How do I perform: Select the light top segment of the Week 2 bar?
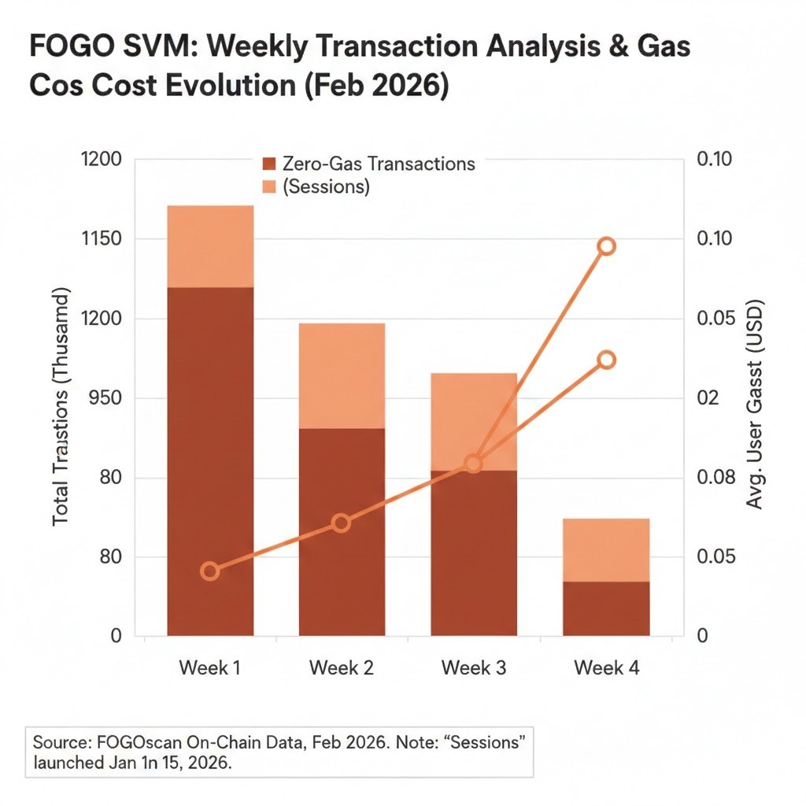tap(342, 375)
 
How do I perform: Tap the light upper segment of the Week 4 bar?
tap(606, 549)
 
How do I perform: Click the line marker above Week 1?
tap(209, 571)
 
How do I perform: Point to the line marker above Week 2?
tap(341, 523)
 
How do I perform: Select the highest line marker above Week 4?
tap(606, 246)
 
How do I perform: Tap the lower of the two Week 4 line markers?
tap(606, 360)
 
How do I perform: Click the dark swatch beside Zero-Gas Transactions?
tap(269, 164)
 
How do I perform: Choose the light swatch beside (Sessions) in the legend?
tap(269, 187)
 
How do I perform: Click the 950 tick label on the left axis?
tap(106, 397)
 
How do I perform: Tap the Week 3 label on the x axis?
tap(474, 668)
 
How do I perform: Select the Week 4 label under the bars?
tap(606, 668)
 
